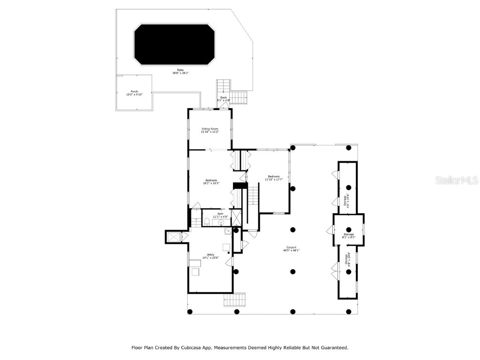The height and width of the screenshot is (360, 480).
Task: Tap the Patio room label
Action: point(180,72)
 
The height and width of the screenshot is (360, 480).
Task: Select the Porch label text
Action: point(134,93)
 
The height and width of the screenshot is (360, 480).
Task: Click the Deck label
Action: point(224,98)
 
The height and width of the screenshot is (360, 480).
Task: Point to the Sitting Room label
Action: point(210,130)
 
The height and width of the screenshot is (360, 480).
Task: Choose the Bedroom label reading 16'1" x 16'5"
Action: point(211,182)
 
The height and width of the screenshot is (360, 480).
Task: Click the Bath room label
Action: point(220,215)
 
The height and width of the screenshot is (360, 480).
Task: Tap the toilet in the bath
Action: point(206,222)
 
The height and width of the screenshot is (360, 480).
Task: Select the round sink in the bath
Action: point(220,224)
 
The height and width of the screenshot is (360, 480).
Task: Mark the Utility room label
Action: point(210,256)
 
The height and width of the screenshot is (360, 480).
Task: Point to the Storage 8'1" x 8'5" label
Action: point(348,236)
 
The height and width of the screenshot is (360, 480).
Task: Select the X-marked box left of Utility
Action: point(174,238)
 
